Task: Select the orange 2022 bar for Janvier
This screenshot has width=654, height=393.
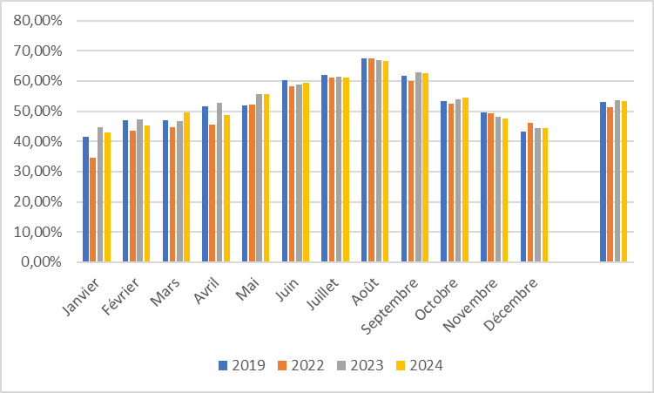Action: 92,210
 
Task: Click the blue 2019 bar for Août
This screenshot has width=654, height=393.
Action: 364,160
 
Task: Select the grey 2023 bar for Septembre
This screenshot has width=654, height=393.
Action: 418,166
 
